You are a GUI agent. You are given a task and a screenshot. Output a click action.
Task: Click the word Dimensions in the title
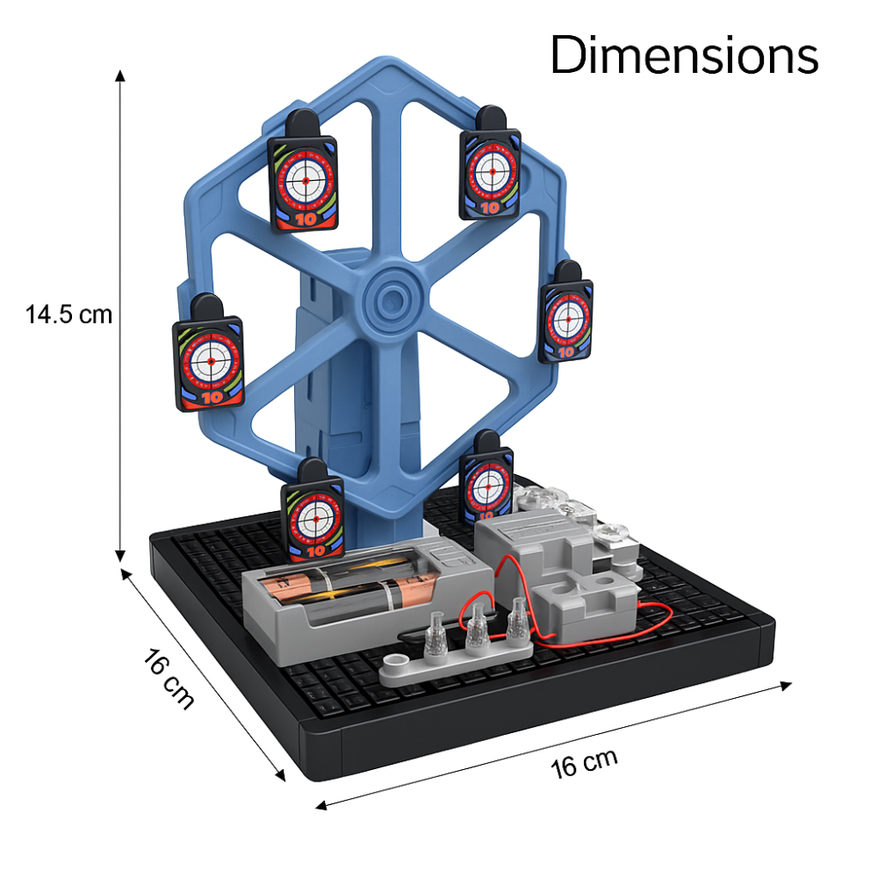[684, 54]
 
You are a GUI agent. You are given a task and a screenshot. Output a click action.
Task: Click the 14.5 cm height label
[68, 314]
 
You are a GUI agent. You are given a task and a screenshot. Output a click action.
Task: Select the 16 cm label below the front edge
[584, 763]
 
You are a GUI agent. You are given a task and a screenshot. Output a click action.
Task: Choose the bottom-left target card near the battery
[313, 511]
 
